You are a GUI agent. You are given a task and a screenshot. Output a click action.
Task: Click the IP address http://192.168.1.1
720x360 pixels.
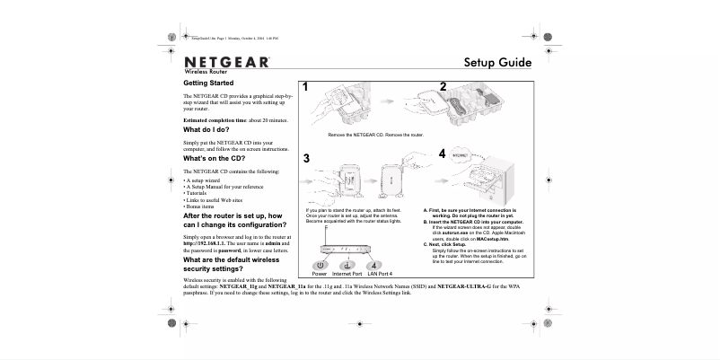(207, 243)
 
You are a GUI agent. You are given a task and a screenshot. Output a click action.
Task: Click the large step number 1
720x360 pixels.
(306, 87)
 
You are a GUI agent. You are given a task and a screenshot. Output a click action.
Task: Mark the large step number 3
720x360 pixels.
(306, 159)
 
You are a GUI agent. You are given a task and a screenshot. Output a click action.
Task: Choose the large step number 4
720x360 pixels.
(443, 154)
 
